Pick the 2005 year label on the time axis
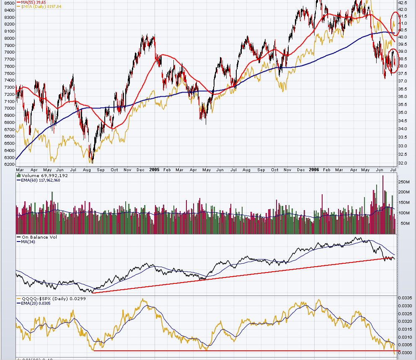[154, 170]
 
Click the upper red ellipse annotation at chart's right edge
[395, 23]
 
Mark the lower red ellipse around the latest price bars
[393, 62]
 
